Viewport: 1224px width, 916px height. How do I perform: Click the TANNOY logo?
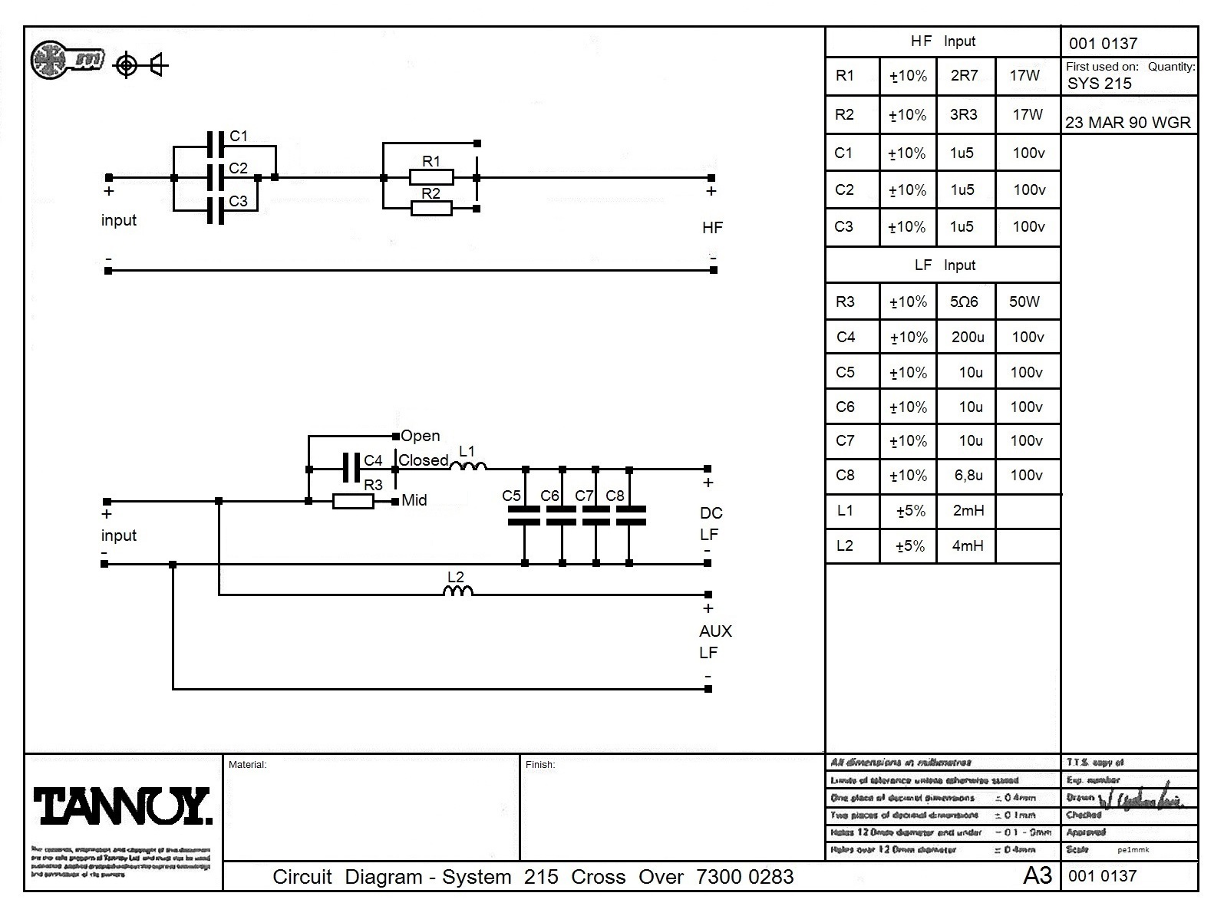[x=121, y=806]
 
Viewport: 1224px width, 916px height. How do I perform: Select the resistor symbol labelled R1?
[x=431, y=178]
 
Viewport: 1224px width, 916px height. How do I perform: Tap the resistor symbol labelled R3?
[x=353, y=502]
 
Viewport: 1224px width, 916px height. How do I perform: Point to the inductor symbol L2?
[x=458, y=591]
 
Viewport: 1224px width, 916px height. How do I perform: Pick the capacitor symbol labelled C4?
[x=351, y=467]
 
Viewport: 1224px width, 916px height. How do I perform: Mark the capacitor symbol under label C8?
[x=631, y=516]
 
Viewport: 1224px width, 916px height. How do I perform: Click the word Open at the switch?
[x=421, y=436]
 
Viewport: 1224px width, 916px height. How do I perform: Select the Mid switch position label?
[x=414, y=500]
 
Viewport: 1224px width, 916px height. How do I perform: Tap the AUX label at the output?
[x=715, y=631]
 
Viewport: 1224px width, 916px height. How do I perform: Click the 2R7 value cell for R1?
[x=964, y=75]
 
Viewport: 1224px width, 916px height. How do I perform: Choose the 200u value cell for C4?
[x=967, y=337]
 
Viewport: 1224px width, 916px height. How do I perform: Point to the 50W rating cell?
[x=1024, y=301]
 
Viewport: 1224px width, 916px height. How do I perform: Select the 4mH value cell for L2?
[x=967, y=545]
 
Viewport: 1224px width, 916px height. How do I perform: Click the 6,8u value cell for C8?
[x=968, y=475]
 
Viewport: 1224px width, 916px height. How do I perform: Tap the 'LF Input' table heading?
[x=944, y=265]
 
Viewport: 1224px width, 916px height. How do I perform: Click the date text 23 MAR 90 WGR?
[x=1128, y=123]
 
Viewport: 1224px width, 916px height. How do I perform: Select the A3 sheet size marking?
[x=1037, y=875]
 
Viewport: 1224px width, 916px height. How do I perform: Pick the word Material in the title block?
[x=247, y=764]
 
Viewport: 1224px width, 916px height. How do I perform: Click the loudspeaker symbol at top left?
[x=159, y=65]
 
